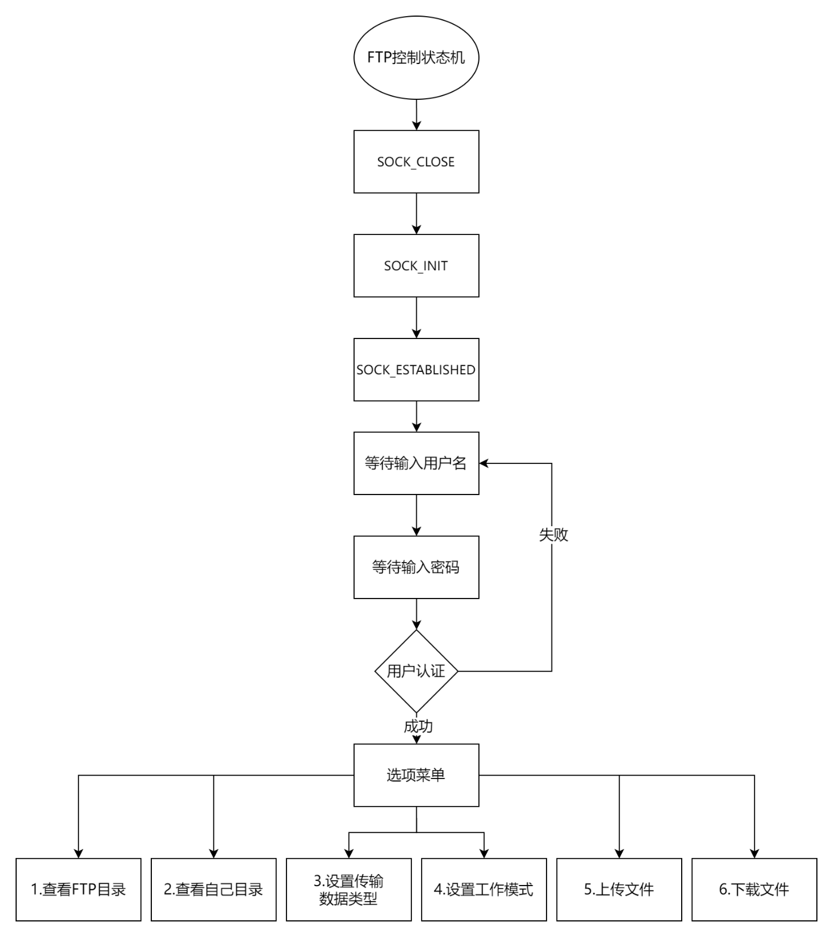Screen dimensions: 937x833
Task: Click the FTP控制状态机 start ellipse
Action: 416,59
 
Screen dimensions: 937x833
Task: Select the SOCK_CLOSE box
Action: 416,161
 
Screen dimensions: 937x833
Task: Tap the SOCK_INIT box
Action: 416,265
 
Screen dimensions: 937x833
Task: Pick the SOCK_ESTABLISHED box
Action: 416,370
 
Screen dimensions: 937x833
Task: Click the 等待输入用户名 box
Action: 416,463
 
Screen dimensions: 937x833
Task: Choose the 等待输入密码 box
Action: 416,567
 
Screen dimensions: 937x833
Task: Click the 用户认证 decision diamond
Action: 416,671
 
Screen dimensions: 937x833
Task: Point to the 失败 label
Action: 553,535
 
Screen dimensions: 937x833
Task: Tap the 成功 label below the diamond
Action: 418,727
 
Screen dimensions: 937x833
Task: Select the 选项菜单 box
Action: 416,775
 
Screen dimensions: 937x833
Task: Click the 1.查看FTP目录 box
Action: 78,889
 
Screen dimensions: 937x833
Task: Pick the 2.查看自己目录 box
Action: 213,889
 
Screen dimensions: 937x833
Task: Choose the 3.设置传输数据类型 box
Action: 349,889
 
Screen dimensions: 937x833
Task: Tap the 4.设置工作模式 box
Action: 484,889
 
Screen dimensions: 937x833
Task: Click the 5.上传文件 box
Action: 619,889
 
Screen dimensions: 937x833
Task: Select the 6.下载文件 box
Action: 754,889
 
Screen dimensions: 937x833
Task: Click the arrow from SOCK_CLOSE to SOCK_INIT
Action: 416,213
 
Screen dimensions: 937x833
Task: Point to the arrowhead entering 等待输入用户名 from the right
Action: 484,463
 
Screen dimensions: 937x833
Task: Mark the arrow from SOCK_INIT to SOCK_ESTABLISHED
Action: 416,318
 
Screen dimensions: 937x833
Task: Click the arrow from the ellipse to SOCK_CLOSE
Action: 416,115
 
